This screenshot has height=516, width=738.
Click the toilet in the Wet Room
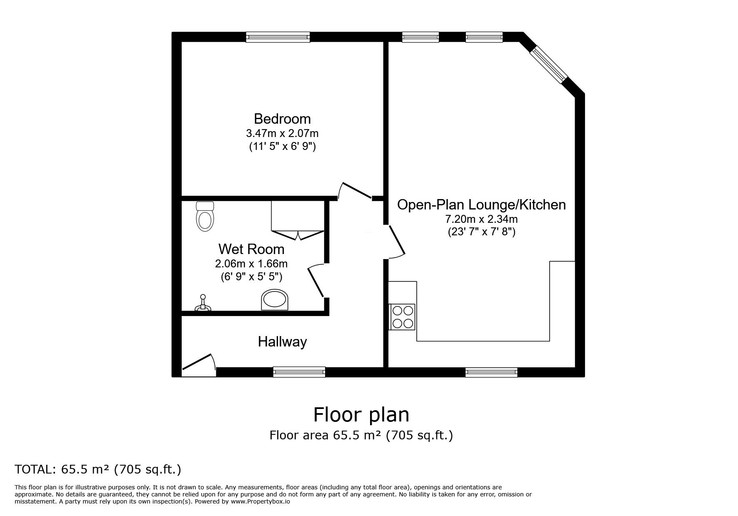(205, 216)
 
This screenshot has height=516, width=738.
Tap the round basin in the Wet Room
(275, 300)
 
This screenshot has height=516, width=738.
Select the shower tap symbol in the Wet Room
(203, 304)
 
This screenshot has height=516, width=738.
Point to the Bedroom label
(282, 119)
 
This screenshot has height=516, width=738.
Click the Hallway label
(282, 342)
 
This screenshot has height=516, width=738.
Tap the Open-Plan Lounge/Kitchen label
(481, 205)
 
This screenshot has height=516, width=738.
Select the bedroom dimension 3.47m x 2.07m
(282, 134)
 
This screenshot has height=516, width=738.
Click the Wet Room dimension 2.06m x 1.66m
(251, 264)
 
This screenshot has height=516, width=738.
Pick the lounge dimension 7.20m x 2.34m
(481, 219)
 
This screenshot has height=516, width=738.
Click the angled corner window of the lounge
(549, 64)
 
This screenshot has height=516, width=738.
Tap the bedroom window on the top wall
(278, 37)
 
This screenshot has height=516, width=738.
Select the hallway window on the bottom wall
(299, 372)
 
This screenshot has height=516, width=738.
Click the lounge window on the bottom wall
(491, 372)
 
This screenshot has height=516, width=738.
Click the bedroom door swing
(354, 191)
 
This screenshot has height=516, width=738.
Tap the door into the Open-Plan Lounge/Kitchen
(396, 242)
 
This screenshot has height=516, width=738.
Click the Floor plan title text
(361, 415)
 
